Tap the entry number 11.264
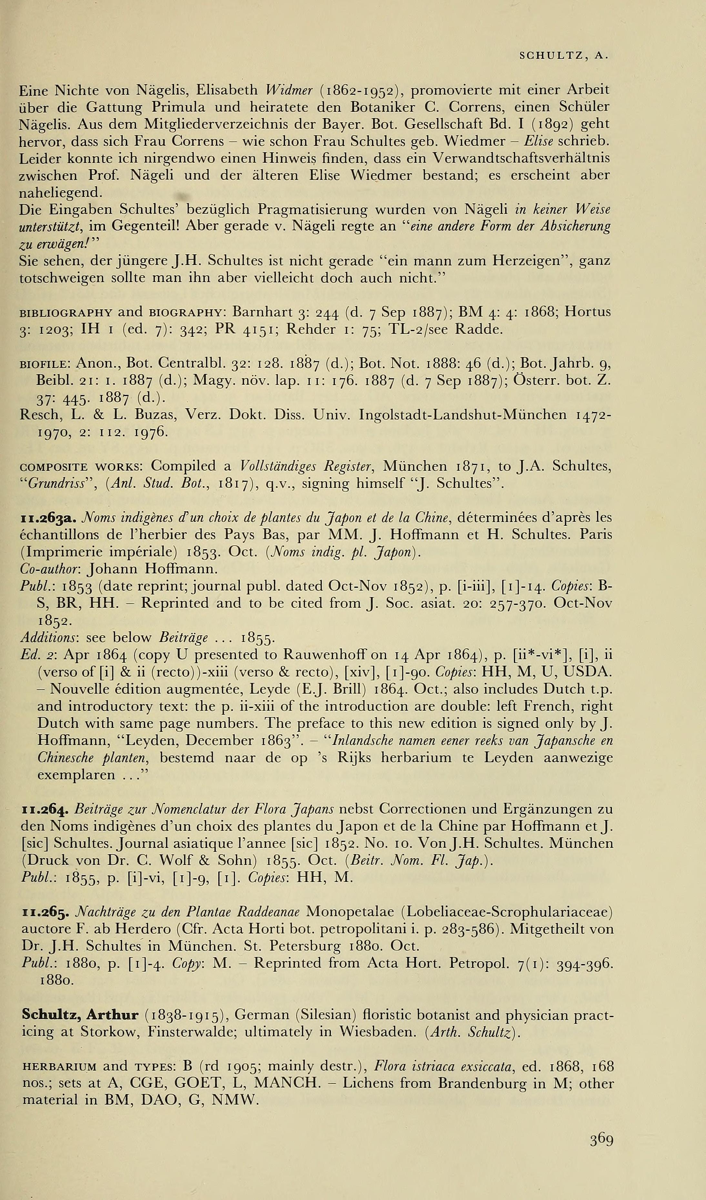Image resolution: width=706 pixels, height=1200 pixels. pos(46,809)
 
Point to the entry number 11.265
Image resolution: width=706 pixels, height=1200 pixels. pos(46,913)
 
